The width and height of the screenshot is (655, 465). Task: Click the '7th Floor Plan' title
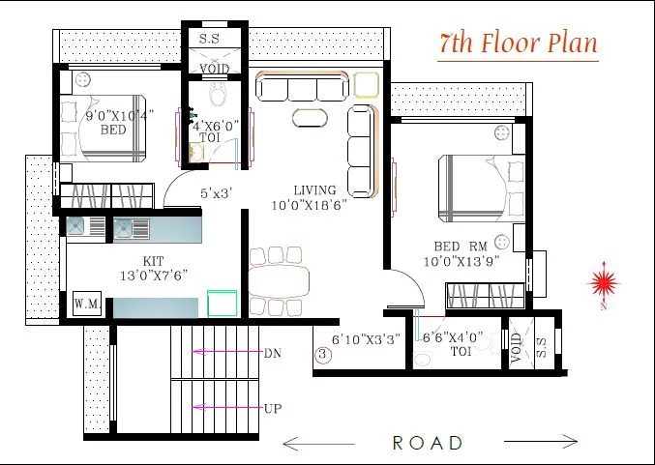[518, 44]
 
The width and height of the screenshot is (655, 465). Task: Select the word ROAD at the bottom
[428, 443]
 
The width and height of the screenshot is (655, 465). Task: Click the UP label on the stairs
[272, 409]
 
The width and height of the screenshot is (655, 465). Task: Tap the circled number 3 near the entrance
[323, 355]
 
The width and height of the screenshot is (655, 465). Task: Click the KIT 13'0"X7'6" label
[151, 268]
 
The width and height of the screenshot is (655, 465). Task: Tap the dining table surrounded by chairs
[282, 281]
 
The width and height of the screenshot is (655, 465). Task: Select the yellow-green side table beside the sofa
[367, 85]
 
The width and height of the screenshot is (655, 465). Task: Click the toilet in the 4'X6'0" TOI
[217, 94]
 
